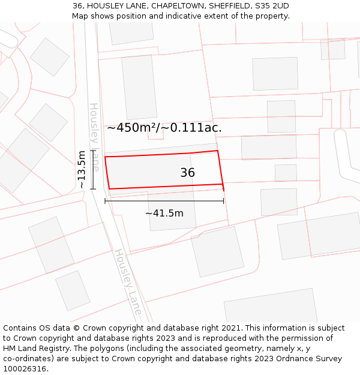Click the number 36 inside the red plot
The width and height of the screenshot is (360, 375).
[x=187, y=173]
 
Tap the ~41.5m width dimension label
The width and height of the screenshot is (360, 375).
[x=164, y=212]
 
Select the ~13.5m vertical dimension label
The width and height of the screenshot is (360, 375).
[x=82, y=170]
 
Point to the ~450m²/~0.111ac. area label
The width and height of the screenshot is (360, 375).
[x=164, y=127]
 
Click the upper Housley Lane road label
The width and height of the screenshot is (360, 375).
[x=94, y=137]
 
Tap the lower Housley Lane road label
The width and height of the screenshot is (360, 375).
[x=128, y=282]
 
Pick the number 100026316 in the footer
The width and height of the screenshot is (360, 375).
[x=24, y=369]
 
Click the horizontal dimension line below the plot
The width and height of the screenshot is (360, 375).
[x=164, y=201]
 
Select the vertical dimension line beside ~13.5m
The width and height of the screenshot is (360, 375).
[x=93, y=170]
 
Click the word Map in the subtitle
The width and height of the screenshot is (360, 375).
[x=80, y=16]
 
